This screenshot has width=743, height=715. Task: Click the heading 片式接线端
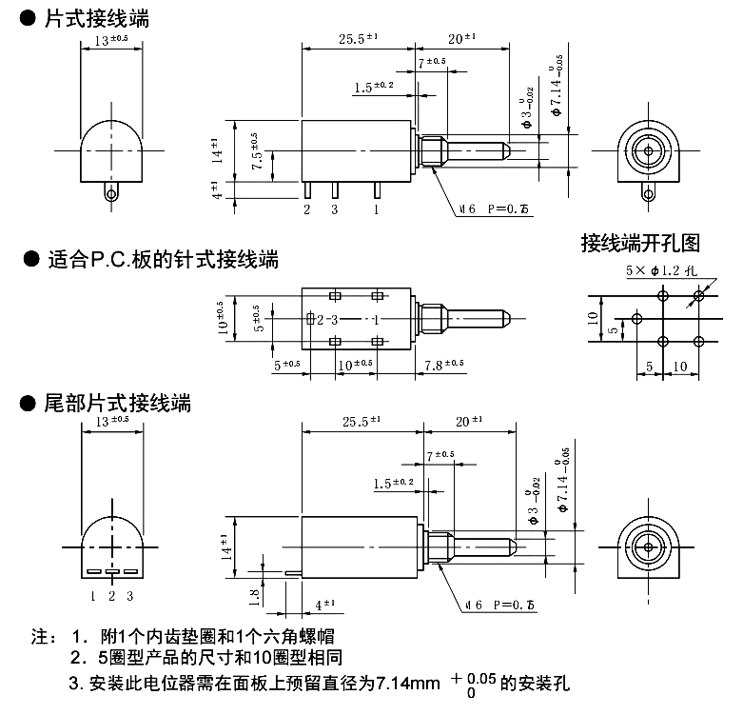95,18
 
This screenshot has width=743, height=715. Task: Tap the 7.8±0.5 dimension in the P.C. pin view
443,364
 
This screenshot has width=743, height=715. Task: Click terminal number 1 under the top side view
378,209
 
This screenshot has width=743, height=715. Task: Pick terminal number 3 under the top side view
334,209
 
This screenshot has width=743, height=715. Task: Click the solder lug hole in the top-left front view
113,194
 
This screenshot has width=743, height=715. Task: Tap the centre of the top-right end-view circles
648,150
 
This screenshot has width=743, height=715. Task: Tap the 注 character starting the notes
40,635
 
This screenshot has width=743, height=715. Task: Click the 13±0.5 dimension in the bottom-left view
113,420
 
